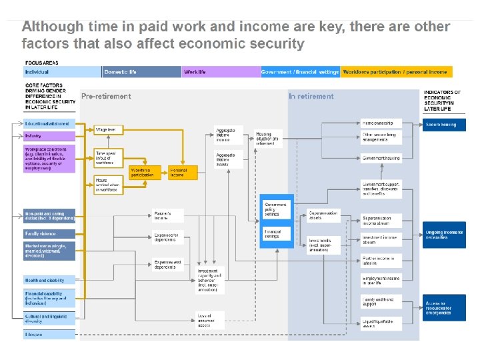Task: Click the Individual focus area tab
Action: click(62, 72)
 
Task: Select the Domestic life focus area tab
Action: click(141, 72)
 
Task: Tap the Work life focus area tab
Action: click(221, 72)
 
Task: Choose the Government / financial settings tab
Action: click(300, 72)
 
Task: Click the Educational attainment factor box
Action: click(49, 125)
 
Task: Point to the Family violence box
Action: click(49, 234)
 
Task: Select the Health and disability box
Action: click(49, 280)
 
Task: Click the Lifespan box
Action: click(49, 334)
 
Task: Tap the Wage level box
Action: click(109, 129)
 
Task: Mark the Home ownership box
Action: click(382, 123)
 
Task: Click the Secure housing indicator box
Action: click(444, 125)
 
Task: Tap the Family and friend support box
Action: click(382, 302)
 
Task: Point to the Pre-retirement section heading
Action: click(106, 97)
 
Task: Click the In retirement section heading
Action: click(311, 97)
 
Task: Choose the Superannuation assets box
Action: click(323, 215)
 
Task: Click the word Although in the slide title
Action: click(51, 27)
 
